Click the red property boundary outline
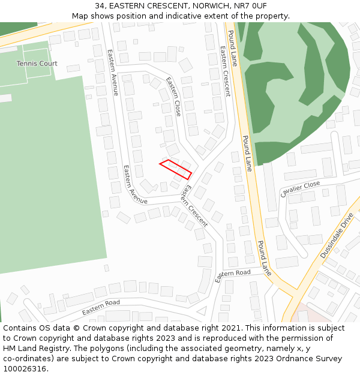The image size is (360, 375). (x=175, y=169)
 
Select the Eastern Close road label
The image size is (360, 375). (x=174, y=97)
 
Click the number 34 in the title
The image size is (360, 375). (x=100, y=6)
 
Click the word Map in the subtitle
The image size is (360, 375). (x=80, y=16)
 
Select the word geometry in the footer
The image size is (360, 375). (x=252, y=349)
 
